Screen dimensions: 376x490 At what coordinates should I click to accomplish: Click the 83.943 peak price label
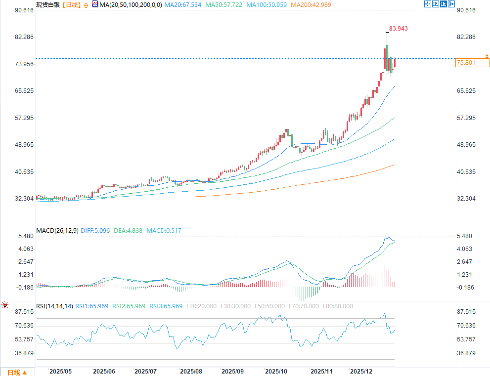pyautogui.click(x=398, y=29)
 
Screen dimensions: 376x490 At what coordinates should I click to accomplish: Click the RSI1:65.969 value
pyautogui.click(x=92, y=306)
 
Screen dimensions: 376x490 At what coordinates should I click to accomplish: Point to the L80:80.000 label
pyautogui.click(x=338, y=306)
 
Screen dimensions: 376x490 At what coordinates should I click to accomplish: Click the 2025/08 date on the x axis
pyautogui.click(x=191, y=371)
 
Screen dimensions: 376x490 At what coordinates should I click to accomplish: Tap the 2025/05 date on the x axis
pyautogui.click(x=61, y=371)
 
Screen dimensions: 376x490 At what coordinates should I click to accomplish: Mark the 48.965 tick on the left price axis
pyautogui.click(x=23, y=145)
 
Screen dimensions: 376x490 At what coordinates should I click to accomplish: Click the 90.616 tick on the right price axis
pyautogui.click(x=466, y=10)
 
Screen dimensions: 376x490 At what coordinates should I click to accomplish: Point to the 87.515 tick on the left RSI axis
pyautogui.click(x=24, y=312)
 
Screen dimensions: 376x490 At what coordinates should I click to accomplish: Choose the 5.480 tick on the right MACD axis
pyautogui.click(x=465, y=236)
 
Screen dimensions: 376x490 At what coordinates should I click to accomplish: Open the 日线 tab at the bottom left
pyautogui.click(x=15, y=372)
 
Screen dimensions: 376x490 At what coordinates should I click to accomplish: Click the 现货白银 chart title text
pyautogui.click(x=48, y=5)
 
